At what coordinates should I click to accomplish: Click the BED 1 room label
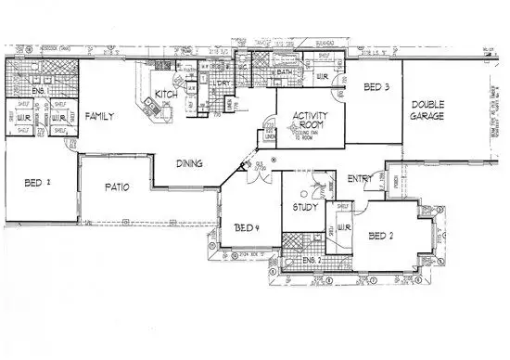(x=37, y=183)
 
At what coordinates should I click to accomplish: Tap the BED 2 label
(x=382, y=236)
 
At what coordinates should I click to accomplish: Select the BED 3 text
(x=376, y=87)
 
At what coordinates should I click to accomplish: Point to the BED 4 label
(x=246, y=227)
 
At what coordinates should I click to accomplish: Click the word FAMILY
(x=99, y=117)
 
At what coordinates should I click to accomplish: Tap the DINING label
(x=190, y=163)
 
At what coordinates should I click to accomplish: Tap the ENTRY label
(x=360, y=179)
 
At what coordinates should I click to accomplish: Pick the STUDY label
(x=306, y=208)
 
